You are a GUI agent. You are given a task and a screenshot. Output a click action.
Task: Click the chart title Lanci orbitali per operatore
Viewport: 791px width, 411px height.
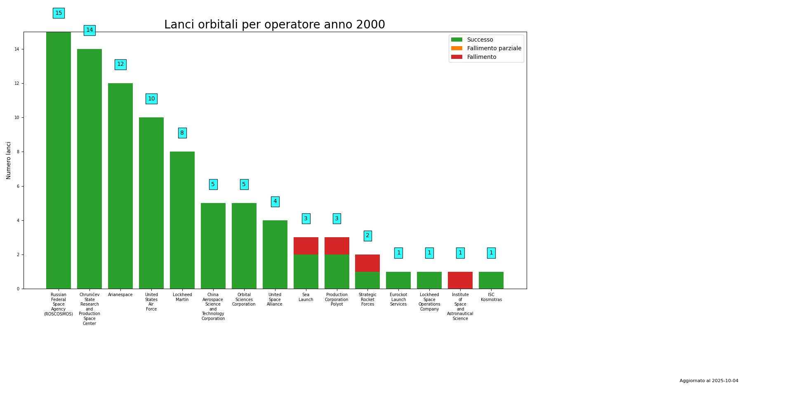click(274, 25)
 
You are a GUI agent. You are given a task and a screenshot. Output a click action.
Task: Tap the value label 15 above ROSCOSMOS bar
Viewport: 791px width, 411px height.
click(59, 13)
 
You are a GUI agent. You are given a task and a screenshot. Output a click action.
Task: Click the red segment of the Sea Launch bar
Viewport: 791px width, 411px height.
click(306, 246)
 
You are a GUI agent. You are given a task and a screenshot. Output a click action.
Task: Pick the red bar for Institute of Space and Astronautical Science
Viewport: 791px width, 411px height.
click(460, 280)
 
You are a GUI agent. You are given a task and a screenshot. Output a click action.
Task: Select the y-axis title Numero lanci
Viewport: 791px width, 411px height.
click(9, 160)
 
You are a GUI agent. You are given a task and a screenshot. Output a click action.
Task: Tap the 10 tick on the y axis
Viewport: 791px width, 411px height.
click(17, 118)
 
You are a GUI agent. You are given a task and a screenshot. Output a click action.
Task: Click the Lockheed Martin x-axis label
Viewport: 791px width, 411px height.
click(182, 297)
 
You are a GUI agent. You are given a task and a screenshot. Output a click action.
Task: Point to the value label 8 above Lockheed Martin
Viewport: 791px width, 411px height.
click(182, 133)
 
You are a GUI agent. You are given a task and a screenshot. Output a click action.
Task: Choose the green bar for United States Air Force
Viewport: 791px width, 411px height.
click(151, 203)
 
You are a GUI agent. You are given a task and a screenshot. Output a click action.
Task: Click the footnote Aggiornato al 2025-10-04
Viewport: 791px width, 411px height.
click(709, 381)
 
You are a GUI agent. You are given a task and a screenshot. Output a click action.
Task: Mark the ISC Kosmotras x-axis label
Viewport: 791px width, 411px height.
click(491, 297)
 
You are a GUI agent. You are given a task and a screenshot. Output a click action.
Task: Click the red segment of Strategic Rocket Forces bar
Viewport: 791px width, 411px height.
click(367, 263)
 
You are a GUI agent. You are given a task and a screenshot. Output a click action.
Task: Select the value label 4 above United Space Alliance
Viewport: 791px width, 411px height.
click(275, 202)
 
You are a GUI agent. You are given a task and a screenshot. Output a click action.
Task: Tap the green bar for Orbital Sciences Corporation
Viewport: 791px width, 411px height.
click(244, 245)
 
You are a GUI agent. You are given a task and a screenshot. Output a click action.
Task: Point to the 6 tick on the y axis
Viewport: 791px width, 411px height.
click(17, 186)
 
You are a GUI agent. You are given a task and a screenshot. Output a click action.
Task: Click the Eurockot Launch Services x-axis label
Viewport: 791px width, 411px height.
click(398, 299)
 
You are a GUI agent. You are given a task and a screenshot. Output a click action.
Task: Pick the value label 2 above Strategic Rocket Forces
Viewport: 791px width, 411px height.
click(367, 236)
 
